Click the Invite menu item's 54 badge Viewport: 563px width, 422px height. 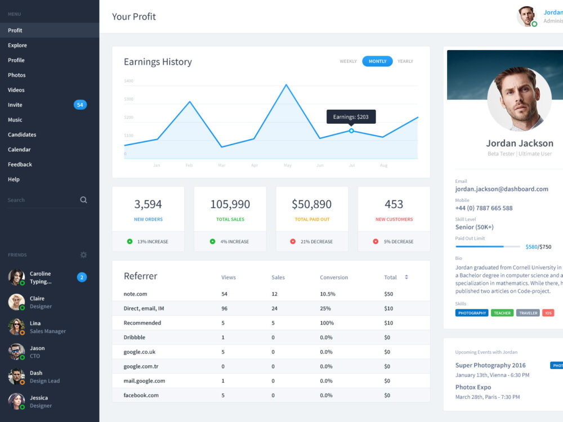pos(80,105)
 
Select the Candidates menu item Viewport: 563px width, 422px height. pos(22,134)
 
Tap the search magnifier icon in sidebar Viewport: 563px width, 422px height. pos(83,200)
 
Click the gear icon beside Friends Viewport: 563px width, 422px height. pos(83,255)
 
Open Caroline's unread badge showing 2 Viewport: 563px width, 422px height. pos(82,277)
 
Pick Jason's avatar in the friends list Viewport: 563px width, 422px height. pos(16,352)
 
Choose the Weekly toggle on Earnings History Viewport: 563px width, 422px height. pos(348,61)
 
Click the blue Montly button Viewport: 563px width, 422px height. pos(377,61)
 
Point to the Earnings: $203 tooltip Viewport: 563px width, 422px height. pos(351,116)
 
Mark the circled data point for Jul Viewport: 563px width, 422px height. pos(351,131)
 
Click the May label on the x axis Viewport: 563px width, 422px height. pos(288,165)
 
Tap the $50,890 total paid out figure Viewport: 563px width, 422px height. pos(311,204)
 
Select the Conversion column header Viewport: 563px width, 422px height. pos(334,277)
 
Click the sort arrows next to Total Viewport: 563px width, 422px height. pos(406,277)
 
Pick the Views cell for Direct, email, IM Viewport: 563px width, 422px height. pos(225,308)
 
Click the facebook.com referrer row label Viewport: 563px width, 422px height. pos(141,395)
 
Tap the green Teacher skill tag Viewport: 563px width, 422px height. pos(502,313)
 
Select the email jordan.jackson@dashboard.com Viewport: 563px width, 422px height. pos(502,189)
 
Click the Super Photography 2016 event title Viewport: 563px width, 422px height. pos(490,365)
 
